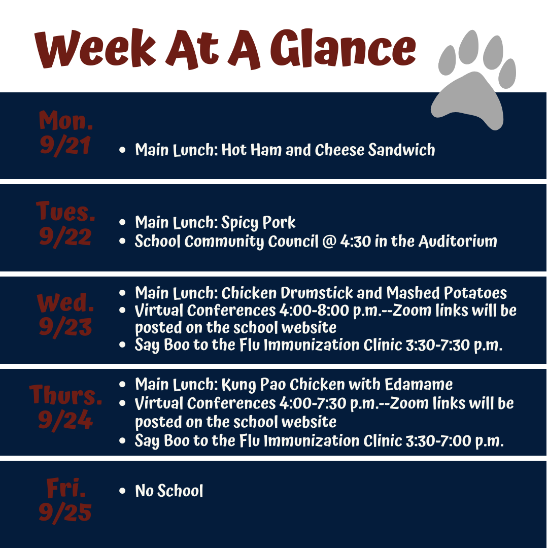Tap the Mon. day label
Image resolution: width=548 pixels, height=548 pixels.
65,120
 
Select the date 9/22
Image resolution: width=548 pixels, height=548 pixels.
65,236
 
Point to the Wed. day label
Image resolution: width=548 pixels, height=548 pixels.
65,302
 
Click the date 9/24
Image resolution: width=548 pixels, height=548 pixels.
65,420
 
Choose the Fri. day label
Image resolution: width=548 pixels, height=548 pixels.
66,488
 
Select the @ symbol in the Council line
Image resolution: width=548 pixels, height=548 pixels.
329,242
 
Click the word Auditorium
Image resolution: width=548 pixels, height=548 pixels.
458,241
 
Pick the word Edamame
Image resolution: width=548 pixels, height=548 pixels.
419,385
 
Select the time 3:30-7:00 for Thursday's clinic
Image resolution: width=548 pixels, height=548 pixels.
438,441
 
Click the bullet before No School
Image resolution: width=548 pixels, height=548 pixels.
122,491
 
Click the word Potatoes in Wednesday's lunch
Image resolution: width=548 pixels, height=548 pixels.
475,293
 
